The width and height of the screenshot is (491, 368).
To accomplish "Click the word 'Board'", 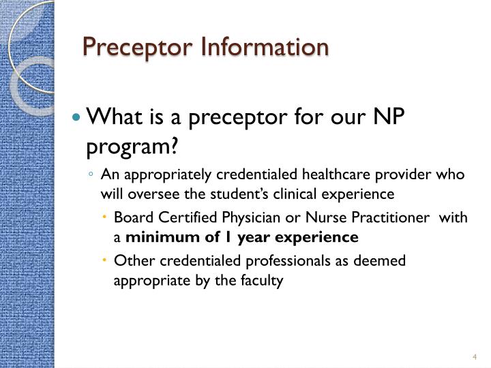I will [x=131, y=218].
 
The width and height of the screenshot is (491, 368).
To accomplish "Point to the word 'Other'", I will [x=131, y=260].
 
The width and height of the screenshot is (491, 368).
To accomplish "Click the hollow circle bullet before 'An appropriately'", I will [x=91, y=174].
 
